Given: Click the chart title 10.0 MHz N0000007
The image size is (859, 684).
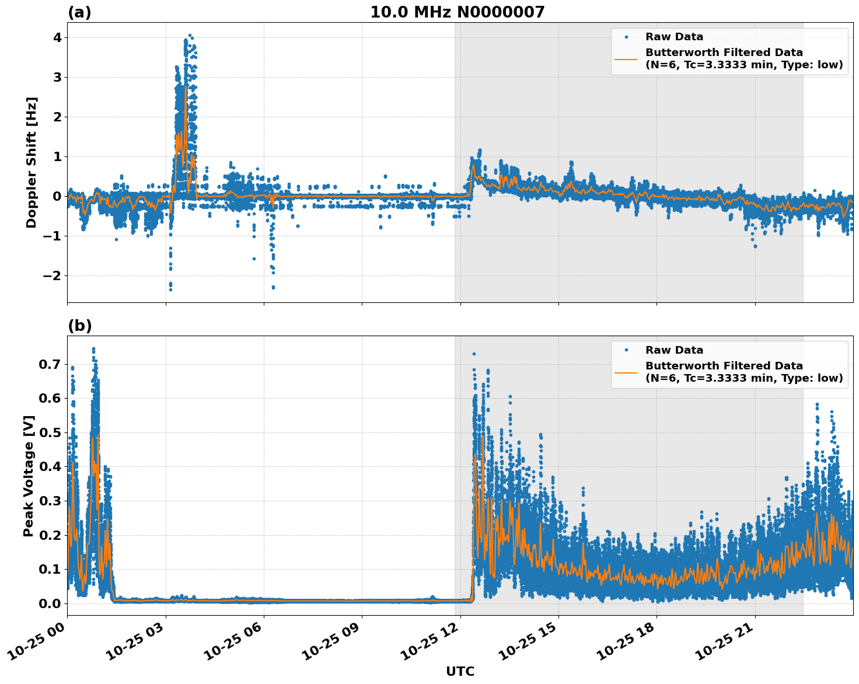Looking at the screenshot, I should pos(457,12).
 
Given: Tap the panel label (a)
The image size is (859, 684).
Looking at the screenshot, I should pos(79,12).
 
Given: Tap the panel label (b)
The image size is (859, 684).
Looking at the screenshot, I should pos(79,326).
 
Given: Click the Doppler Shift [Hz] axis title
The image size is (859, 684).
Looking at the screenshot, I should pos(32,162).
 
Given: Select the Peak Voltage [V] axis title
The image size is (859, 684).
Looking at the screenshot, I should pos(29,476).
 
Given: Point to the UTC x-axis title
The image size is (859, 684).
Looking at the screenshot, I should pos(460,672).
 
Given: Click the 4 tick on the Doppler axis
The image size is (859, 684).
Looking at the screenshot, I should pos(57,38).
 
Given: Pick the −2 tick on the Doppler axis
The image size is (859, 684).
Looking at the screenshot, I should pos(53,275).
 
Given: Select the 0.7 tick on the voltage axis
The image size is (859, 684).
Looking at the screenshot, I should pos(49,365).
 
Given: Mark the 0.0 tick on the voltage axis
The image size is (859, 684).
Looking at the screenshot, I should pos(49,603).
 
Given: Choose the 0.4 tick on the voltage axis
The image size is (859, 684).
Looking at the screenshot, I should pos(49,467).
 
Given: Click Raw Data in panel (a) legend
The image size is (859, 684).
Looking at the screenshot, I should pos(674,37).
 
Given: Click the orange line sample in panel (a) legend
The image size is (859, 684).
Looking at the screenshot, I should pos(626,58).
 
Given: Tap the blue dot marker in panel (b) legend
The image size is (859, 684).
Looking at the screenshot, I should pos(626,350).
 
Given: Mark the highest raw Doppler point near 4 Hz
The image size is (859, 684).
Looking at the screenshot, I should pos(190,36).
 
